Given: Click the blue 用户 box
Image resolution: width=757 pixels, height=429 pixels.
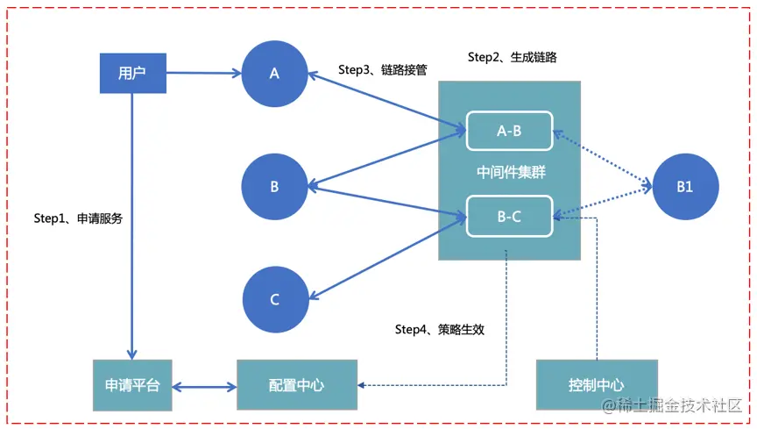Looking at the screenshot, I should pyautogui.click(x=131, y=73).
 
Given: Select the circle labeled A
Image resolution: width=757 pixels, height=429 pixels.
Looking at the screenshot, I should pyautogui.click(x=274, y=74).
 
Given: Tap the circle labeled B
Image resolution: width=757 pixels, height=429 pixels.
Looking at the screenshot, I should pyautogui.click(x=274, y=186).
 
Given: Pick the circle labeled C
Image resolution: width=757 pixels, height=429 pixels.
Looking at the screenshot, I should pyautogui.click(x=274, y=299).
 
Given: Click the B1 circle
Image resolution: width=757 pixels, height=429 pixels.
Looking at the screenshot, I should pyautogui.click(x=685, y=186).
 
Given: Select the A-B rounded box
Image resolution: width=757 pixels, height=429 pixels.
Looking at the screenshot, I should pyautogui.click(x=509, y=131).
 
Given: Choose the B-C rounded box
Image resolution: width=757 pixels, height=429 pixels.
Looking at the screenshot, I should pyautogui.click(x=509, y=216).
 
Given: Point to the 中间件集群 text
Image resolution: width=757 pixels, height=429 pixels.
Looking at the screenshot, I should pyautogui.click(x=509, y=173).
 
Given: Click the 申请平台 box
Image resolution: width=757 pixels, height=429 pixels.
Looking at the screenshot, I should pyautogui.click(x=132, y=385).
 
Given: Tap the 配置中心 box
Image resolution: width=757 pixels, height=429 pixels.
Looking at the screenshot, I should pyautogui.click(x=297, y=385).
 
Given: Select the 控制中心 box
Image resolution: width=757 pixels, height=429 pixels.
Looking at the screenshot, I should pyautogui.click(x=596, y=385).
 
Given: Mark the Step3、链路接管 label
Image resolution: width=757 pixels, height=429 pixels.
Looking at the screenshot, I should pyautogui.click(x=382, y=69).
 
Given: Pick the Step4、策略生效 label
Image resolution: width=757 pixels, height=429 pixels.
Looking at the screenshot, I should pyautogui.click(x=439, y=330).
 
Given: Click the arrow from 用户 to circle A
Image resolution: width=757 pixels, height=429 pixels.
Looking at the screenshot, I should pyautogui.click(x=203, y=74).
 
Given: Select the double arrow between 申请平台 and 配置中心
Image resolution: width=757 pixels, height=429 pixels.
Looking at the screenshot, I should pyautogui.click(x=204, y=386).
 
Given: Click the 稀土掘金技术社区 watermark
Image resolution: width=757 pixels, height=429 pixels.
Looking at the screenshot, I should pyautogui.click(x=670, y=406).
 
